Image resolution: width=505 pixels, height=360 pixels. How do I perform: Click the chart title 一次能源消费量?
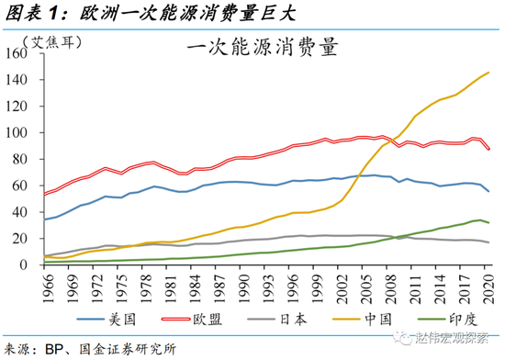tap(259, 46)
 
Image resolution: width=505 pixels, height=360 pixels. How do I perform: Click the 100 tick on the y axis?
tap(23, 133)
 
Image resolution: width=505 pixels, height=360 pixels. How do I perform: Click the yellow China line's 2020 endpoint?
tap(488, 73)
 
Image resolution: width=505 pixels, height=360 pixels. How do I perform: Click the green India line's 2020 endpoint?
tap(488, 222)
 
